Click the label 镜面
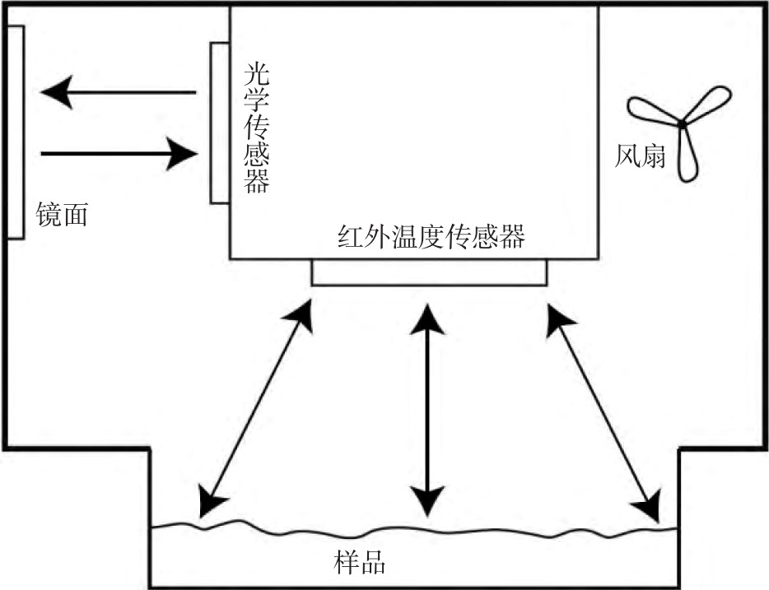coord(62,216)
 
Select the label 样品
coord(359,564)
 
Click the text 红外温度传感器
coord(431,238)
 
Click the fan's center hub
coord(682,123)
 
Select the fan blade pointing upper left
coord(650,110)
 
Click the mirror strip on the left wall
coord(15,132)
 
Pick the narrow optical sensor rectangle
coord(219,122)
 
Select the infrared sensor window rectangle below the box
coord(428,272)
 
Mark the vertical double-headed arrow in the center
coord(428,407)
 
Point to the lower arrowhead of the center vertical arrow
coord(428,498)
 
